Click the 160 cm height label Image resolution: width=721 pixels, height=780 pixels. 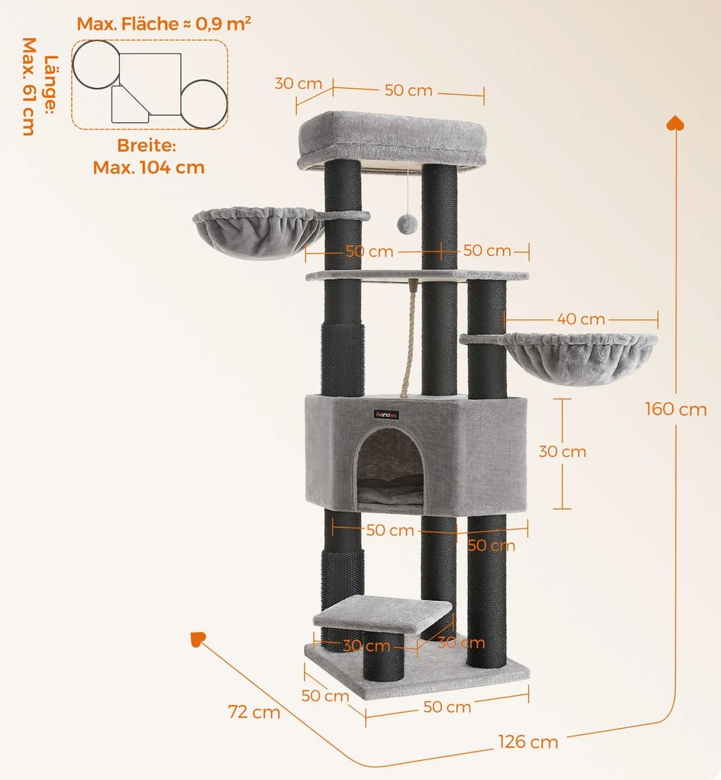pyautogui.click(x=675, y=409)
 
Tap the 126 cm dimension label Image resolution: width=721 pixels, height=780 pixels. pyautogui.click(x=528, y=741)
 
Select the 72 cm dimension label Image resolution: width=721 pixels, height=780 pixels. pyautogui.click(x=254, y=713)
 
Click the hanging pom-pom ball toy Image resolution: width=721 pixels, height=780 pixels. pyautogui.click(x=406, y=223)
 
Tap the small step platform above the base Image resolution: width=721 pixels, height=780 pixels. pyautogui.click(x=382, y=613)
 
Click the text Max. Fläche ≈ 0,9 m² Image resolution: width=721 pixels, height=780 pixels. pyautogui.click(x=164, y=24)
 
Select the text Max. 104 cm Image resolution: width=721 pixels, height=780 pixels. pyautogui.click(x=149, y=167)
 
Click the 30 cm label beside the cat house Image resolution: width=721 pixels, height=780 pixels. pyautogui.click(x=562, y=451)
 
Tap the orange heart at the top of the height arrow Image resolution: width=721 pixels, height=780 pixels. pyautogui.click(x=675, y=122)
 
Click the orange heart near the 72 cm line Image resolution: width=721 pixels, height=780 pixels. pyautogui.click(x=197, y=639)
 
